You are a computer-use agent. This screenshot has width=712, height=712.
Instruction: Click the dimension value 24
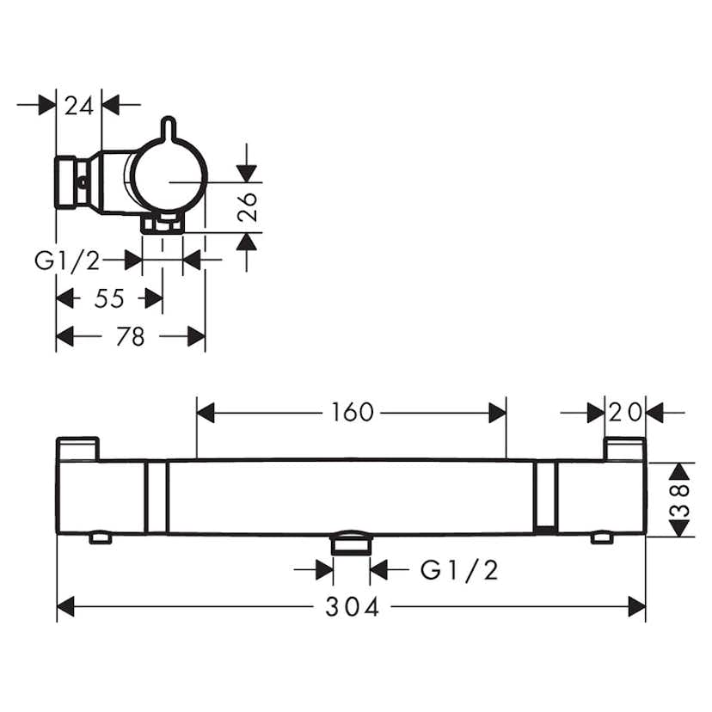coord(78,107)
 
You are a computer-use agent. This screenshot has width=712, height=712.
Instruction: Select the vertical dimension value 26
coord(248,207)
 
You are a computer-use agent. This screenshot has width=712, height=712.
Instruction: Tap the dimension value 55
coord(109,298)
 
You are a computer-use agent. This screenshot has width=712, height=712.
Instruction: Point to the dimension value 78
coord(131,336)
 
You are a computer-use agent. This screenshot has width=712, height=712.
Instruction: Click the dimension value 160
coord(353,412)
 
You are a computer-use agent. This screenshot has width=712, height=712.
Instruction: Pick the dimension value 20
coord(625,412)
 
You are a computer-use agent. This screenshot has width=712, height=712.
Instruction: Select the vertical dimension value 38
coord(680,500)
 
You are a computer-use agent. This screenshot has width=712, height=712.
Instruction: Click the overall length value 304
coord(353,607)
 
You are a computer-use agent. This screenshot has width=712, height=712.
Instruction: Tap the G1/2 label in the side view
coord(67,261)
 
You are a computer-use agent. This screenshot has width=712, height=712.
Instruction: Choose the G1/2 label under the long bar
coord(459,570)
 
